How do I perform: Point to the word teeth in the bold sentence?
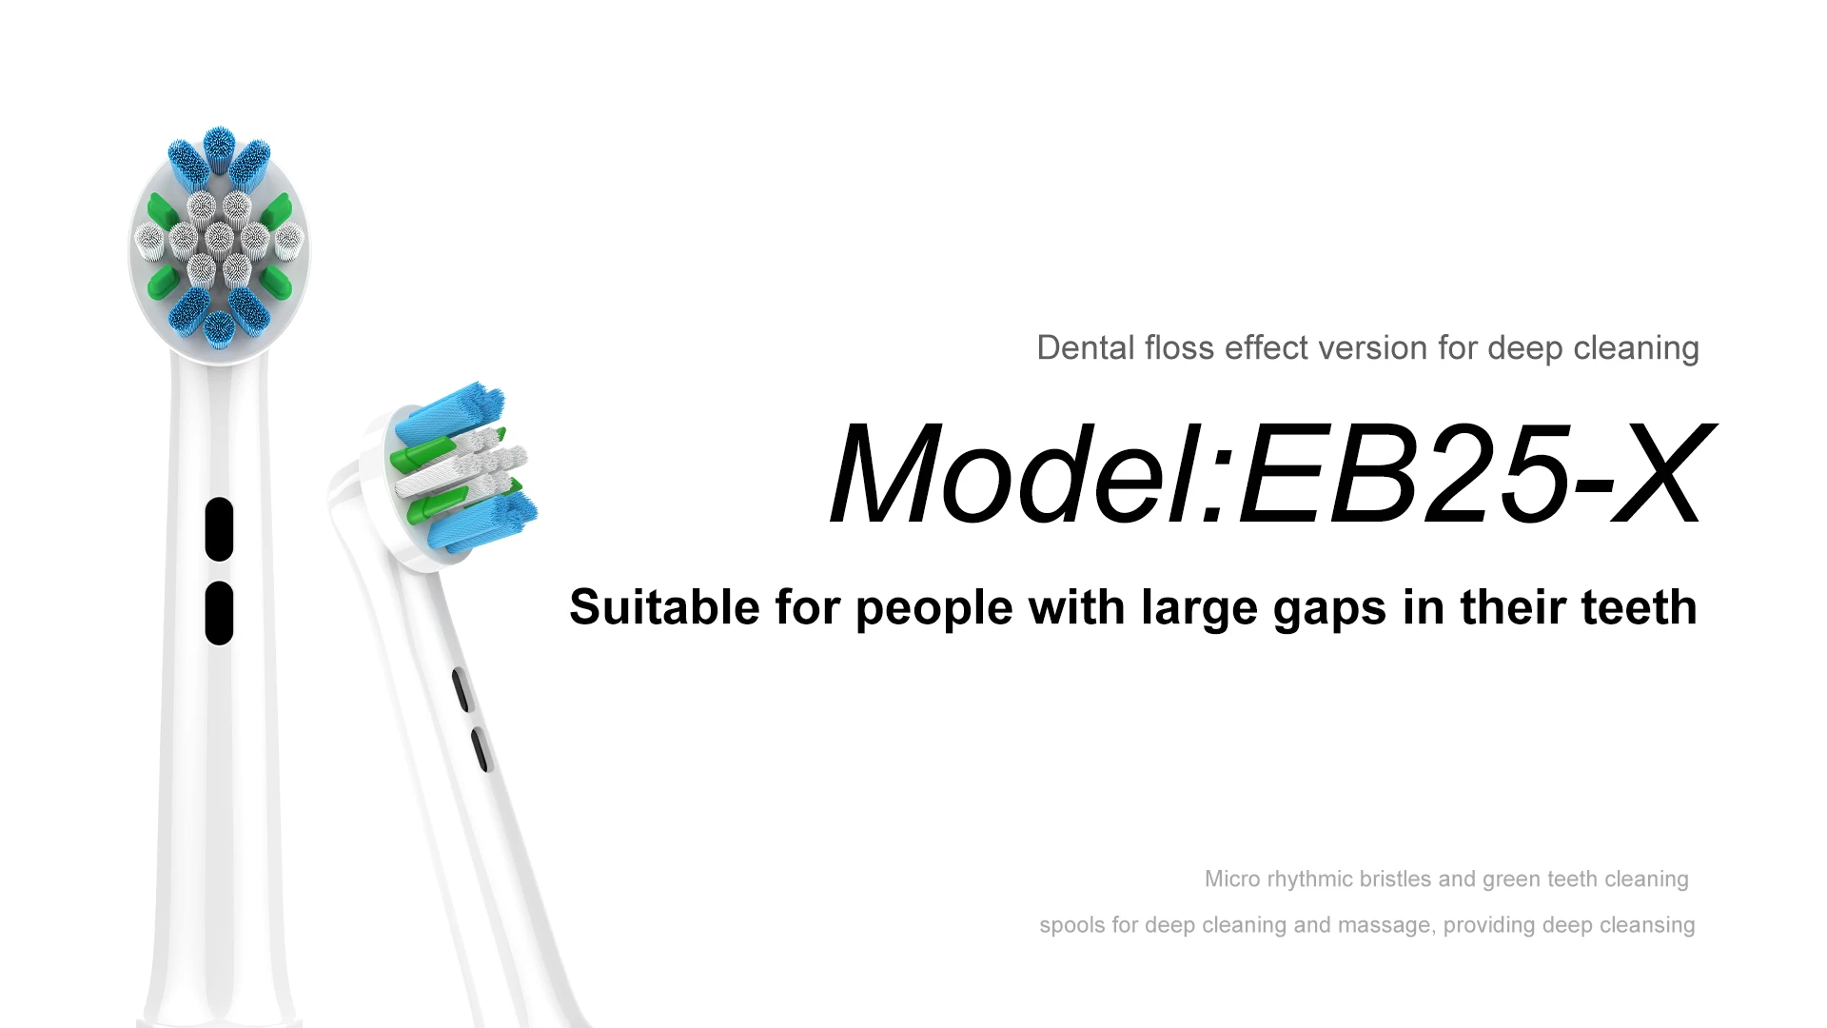1639,607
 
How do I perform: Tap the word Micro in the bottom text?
1232,879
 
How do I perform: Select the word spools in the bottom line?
1072,925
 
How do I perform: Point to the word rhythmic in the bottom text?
1308,880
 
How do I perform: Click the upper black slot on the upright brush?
219,529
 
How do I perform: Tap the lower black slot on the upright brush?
219,613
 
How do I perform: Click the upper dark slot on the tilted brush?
461,689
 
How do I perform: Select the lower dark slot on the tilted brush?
480,749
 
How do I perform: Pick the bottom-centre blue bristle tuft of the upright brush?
219,328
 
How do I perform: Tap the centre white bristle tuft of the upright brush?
219,235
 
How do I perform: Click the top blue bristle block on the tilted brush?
447,412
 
